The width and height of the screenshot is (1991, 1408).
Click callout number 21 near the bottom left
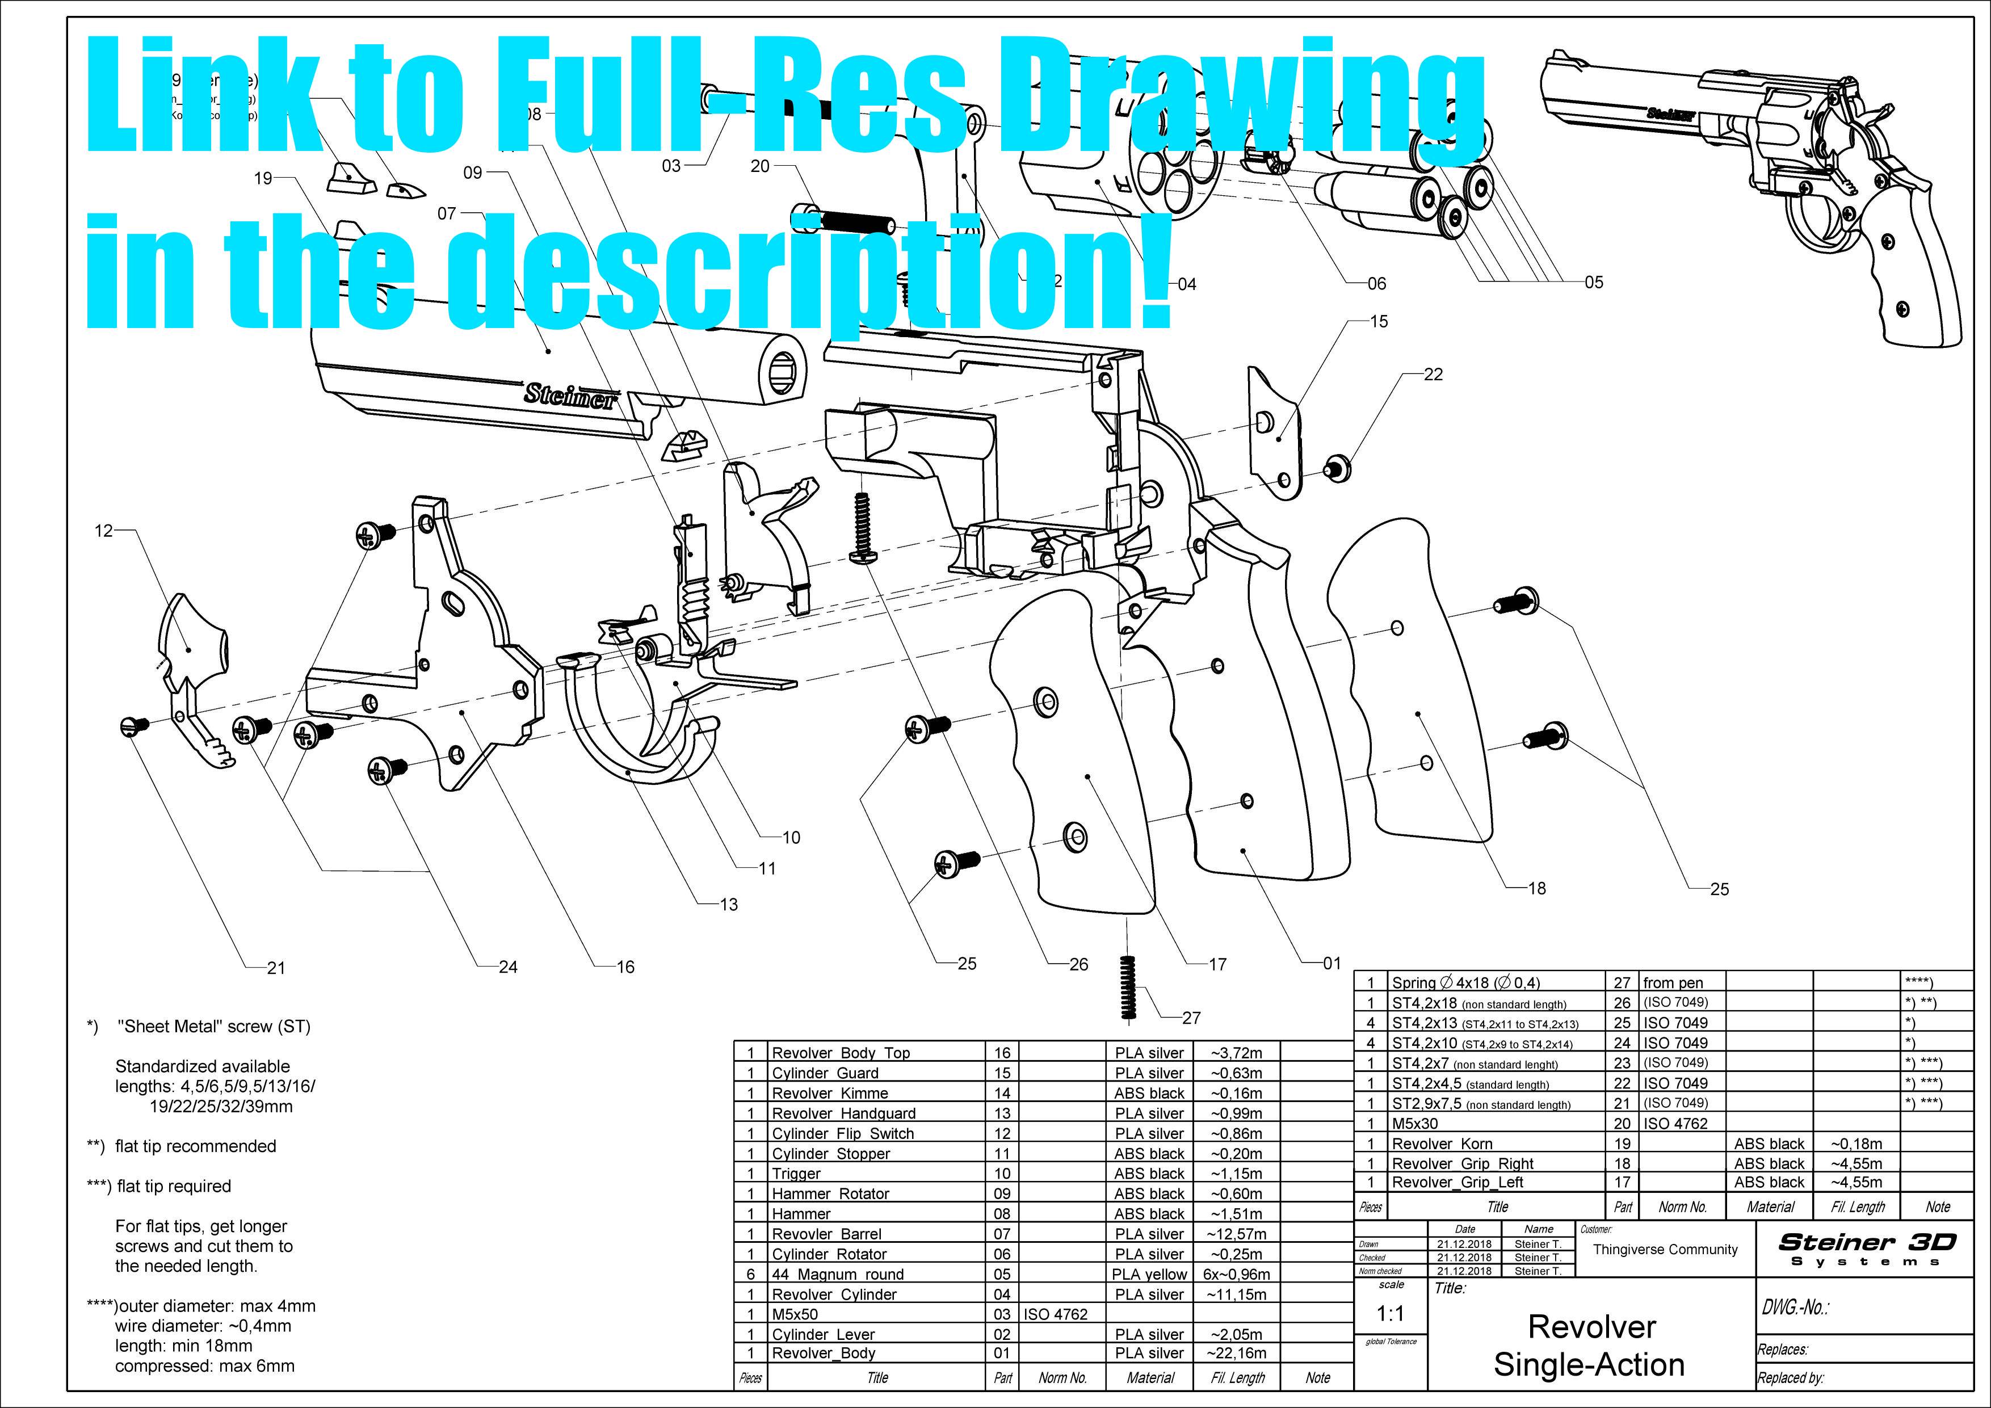pyautogui.click(x=276, y=968)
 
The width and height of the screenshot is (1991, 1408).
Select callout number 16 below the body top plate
pyautogui.click(x=625, y=966)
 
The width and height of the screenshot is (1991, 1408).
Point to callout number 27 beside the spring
pyautogui.click(x=1191, y=1018)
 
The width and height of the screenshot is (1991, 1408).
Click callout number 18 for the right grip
pyautogui.click(x=1536, y=888)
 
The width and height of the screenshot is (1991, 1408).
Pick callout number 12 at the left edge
pyautogui.click(x=103, y=531)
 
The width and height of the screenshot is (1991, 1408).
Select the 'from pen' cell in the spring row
pyautogui.click(x=1673, y=983)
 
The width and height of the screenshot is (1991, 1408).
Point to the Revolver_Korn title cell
pyautogui.click(x=1442, y=1144)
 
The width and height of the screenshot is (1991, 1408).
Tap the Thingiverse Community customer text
pyautogui.click(x=1665, y=1249)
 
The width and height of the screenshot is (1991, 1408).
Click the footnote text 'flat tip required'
pyautogui.click(x=174, y=1186)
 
